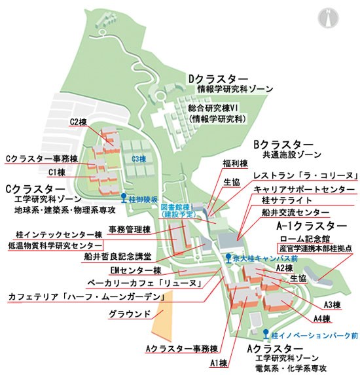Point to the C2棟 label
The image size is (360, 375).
[79, 122]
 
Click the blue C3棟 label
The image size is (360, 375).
[137, 159]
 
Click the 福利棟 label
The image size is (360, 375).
[234, 163]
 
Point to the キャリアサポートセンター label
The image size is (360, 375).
[298, 189]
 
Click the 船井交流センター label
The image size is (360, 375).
[295, 213]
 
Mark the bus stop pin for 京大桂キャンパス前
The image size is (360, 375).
[227, 258]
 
